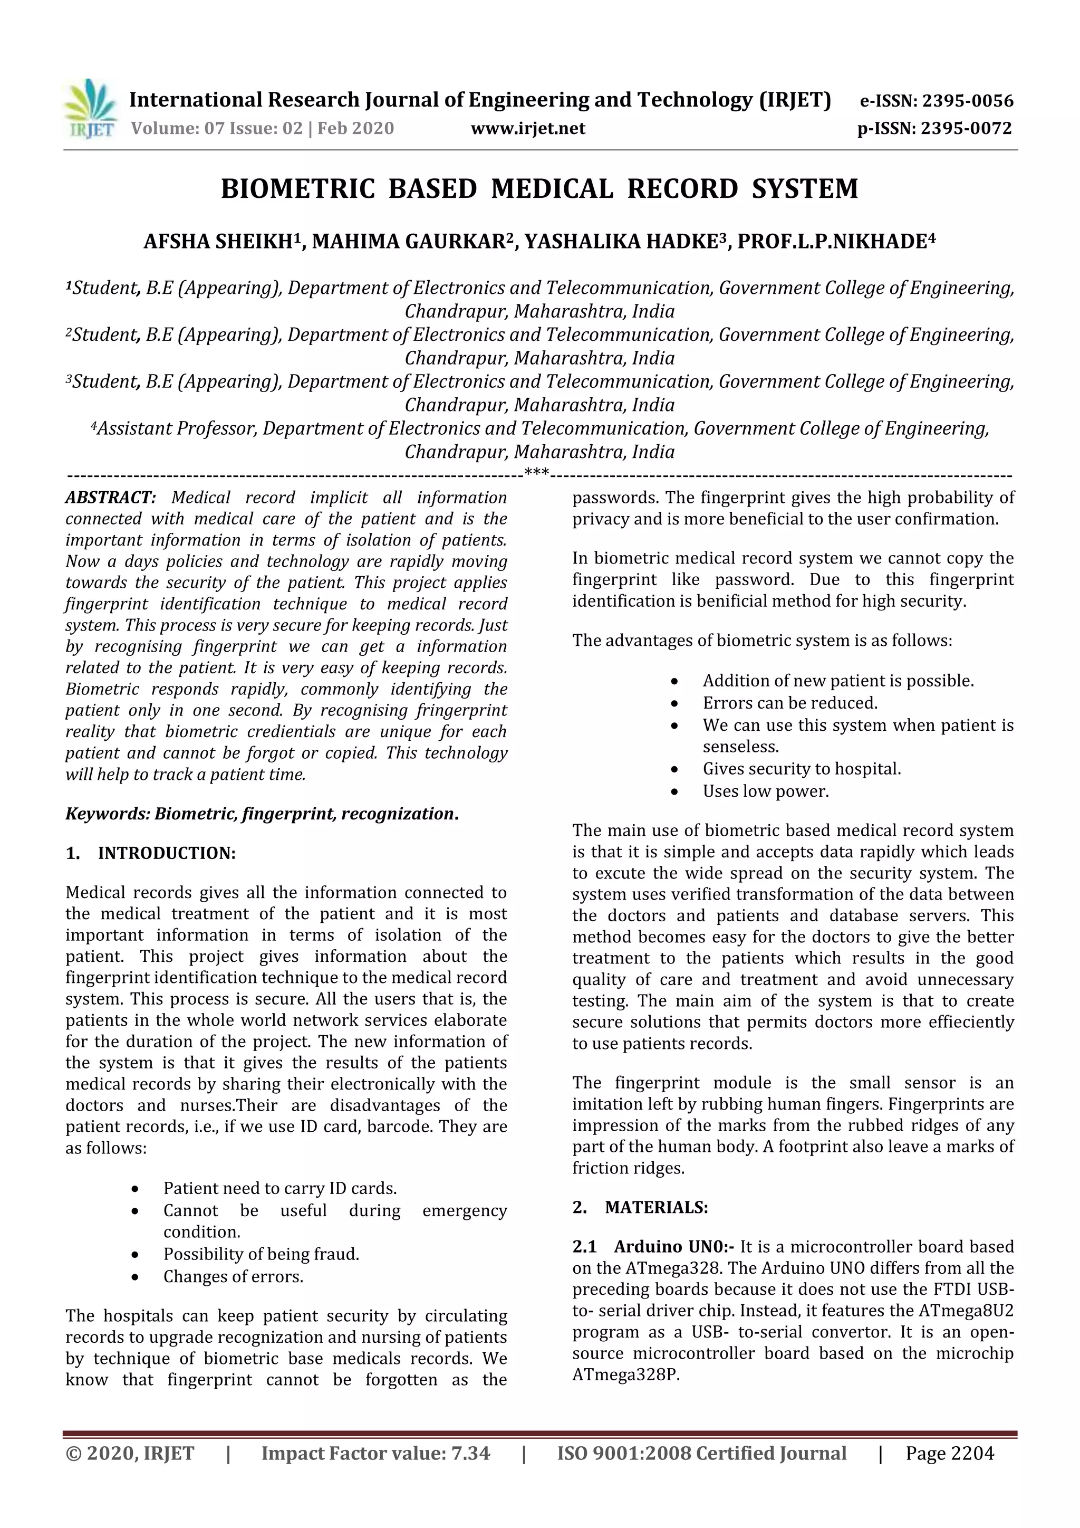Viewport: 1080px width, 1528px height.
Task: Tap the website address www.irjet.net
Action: click(x=528, y=128)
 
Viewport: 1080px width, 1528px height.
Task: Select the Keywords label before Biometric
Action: click(x=108, y=814)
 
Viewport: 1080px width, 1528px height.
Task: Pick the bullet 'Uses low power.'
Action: click(x=766, y=791)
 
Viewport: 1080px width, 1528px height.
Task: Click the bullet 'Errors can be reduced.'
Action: click(x=790, y=703)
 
